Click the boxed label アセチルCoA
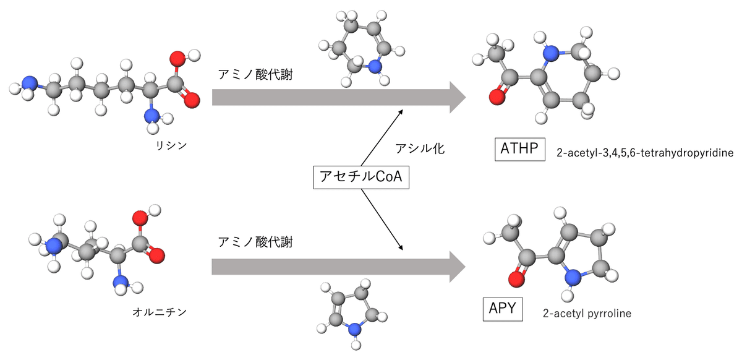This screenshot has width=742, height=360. coord(361,177)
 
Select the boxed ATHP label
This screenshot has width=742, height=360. coord(519,150)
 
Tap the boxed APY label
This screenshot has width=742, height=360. coord(502,309)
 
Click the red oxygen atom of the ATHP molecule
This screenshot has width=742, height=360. coord(495,98)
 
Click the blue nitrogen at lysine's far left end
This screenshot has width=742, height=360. coord(28,84)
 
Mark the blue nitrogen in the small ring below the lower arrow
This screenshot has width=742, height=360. coord(354,330)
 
